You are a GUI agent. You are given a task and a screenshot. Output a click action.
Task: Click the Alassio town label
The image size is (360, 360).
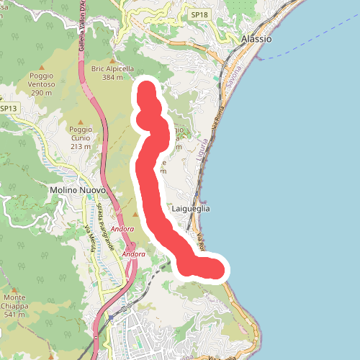click(x=257, y=39)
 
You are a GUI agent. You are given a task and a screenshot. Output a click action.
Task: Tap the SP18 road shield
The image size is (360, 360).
click(x=199, y=14)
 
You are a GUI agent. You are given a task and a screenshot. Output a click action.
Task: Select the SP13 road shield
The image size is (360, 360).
click(x=9, y=109)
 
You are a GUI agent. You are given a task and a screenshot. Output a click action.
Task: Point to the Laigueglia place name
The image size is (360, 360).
click(x=192, y=208)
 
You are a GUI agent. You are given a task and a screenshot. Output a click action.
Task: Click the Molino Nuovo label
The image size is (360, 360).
click(x=78, y=190)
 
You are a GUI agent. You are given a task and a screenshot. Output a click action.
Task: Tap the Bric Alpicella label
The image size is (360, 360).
click(x=113, y=68)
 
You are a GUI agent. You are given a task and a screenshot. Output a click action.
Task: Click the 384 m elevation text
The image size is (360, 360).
click(x=113, y=77)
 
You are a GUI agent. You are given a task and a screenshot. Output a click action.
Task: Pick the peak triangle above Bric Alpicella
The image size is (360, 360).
click(x=113, y=59)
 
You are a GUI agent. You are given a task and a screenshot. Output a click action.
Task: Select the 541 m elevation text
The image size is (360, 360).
click(x=15, y=315)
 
